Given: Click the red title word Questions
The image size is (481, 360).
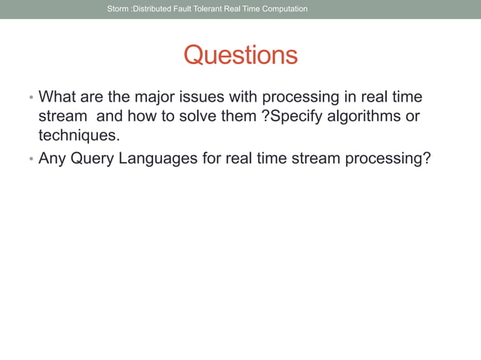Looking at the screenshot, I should click(240, 55).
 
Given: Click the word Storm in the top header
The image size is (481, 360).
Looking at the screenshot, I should click(118, 9).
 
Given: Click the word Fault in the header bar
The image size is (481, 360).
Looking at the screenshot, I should click(181, 9).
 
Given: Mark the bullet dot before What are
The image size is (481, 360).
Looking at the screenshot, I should click(30, 99).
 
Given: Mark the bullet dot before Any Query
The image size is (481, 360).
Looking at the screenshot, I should click(30, 160).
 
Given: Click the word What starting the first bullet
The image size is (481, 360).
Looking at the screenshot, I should click(57, 98).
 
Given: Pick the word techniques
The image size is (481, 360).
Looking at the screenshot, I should click(79, 137).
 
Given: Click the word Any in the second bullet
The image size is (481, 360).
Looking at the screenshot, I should click(52, 158).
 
